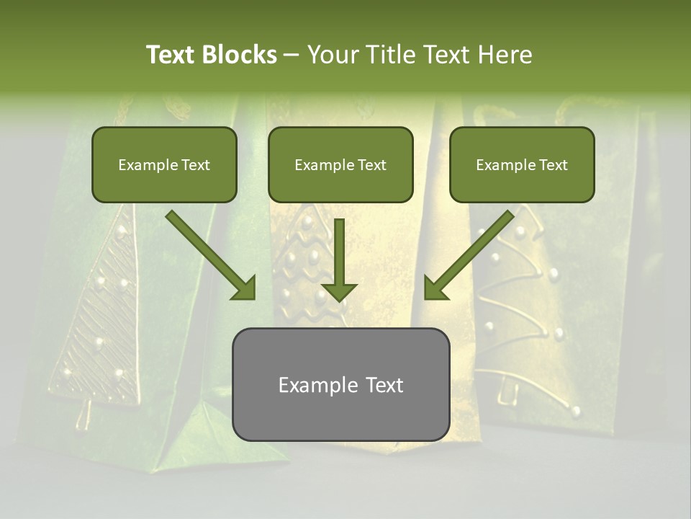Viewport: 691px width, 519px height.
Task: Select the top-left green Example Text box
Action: tap(164, 164)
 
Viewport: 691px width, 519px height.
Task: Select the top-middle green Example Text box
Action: tap(340, 164)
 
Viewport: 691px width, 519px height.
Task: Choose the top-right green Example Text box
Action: tap(522, 164)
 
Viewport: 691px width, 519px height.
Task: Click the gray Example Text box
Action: tap(340, 384)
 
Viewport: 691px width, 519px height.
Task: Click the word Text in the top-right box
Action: tap(553, 165)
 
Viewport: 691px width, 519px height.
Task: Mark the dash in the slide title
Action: tap(292, 56)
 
